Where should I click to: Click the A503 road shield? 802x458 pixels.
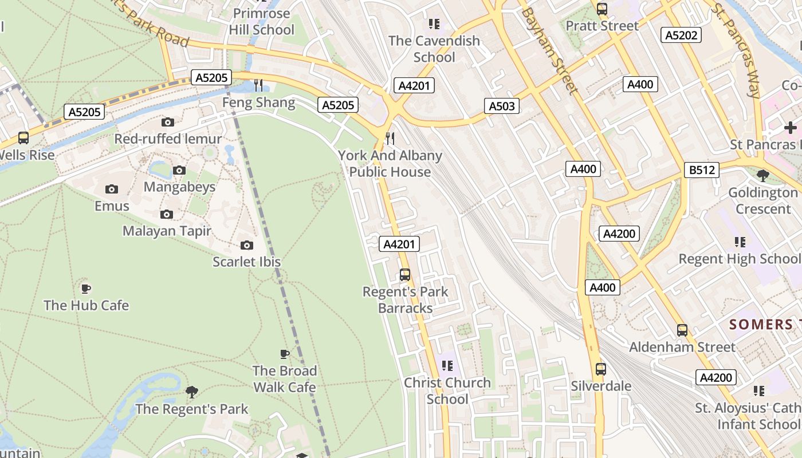click(502, 105)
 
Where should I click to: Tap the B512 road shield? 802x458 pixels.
click(702, 170)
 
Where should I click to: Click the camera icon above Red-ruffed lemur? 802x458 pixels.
click(168, 122)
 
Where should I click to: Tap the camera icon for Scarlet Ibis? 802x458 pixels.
click(247, 245)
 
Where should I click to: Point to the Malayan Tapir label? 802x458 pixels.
click(167, 231)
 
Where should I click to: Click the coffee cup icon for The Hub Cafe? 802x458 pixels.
click(86, 289)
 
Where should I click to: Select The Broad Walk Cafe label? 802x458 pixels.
click(285, 379)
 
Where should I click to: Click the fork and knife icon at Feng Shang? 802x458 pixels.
click(258, 85)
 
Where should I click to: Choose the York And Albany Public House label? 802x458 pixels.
click(390, 164)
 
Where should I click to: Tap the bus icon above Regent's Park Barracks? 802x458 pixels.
click(405, 275)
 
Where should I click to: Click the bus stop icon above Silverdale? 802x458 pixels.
click(600, 369)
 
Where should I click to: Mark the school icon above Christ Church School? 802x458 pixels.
click(447, 366)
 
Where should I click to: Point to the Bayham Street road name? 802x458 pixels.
click(549, 50)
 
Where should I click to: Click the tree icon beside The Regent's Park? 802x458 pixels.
click(192, 392)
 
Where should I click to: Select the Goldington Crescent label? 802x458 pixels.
click(762, 201)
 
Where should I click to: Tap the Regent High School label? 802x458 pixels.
click(739, 259)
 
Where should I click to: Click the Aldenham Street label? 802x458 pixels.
click(682, 347)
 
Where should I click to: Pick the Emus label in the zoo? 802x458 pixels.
click(112, 206)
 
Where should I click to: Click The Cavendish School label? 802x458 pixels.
click(434, 49)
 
